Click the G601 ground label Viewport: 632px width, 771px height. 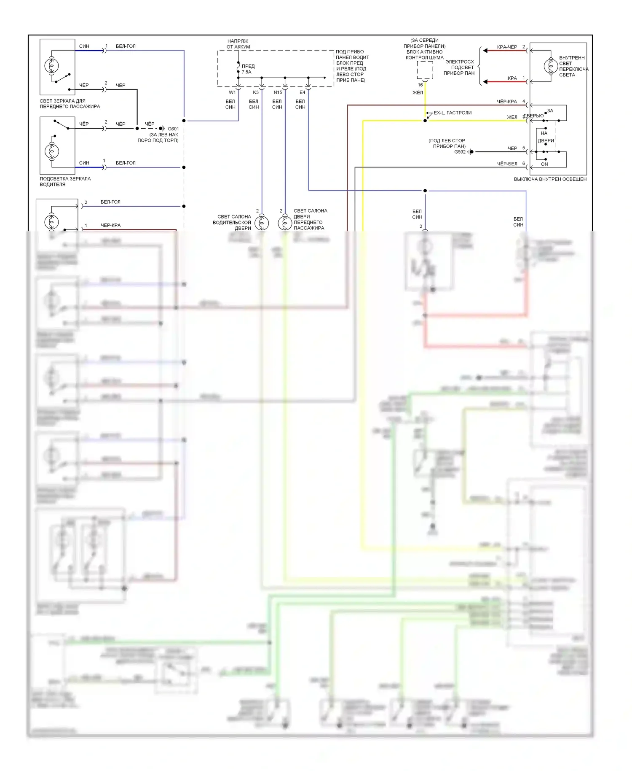pyautogui.click(x=173, y=129)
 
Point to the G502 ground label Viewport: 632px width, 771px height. pyautogui.click(x=460, y=152)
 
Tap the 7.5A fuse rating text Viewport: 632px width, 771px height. pyautogui.click(x=246, y=72)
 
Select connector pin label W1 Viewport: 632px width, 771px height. pyautogui.click(x=232, y=92)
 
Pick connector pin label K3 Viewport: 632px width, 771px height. pyautogui.click(x=256, y=92)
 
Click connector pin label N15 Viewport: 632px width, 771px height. pyautogui.click(x=278, y=92)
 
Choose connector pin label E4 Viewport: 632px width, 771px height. pyautogui.click(x=302, y=92)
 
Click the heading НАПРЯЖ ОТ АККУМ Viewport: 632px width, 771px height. pyautogui.click(x=238, y=44)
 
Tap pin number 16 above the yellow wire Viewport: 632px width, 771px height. pyautogui.click(x=420, y=85)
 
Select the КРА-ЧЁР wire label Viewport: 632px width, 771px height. pyautogui.click(x=507, y=47)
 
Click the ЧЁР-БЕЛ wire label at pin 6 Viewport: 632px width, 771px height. pyautogui.click(x=507, y=164)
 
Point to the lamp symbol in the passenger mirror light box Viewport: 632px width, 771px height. pyautogui.click(x=51, y=65)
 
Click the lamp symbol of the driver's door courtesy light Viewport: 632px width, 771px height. pyautogui.click(x=262, y=222)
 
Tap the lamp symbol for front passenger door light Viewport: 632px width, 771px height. pyautogui.click(x=285, y=222)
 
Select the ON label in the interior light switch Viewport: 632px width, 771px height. pyautogui.click(x=544, y=164)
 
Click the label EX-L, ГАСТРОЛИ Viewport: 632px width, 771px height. pyautogui.click(x=453, y=113)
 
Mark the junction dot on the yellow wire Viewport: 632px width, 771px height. pyautogui.click(x=425, y=121)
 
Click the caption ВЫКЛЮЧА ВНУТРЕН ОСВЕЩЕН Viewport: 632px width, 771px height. pyautogui.click(x=550, y=179)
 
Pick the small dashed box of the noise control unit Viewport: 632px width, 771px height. pyautogui.click(x=425, y=70)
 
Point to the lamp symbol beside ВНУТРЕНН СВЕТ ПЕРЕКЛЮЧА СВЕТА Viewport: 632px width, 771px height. pyautogui.click(x=550, y=66)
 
